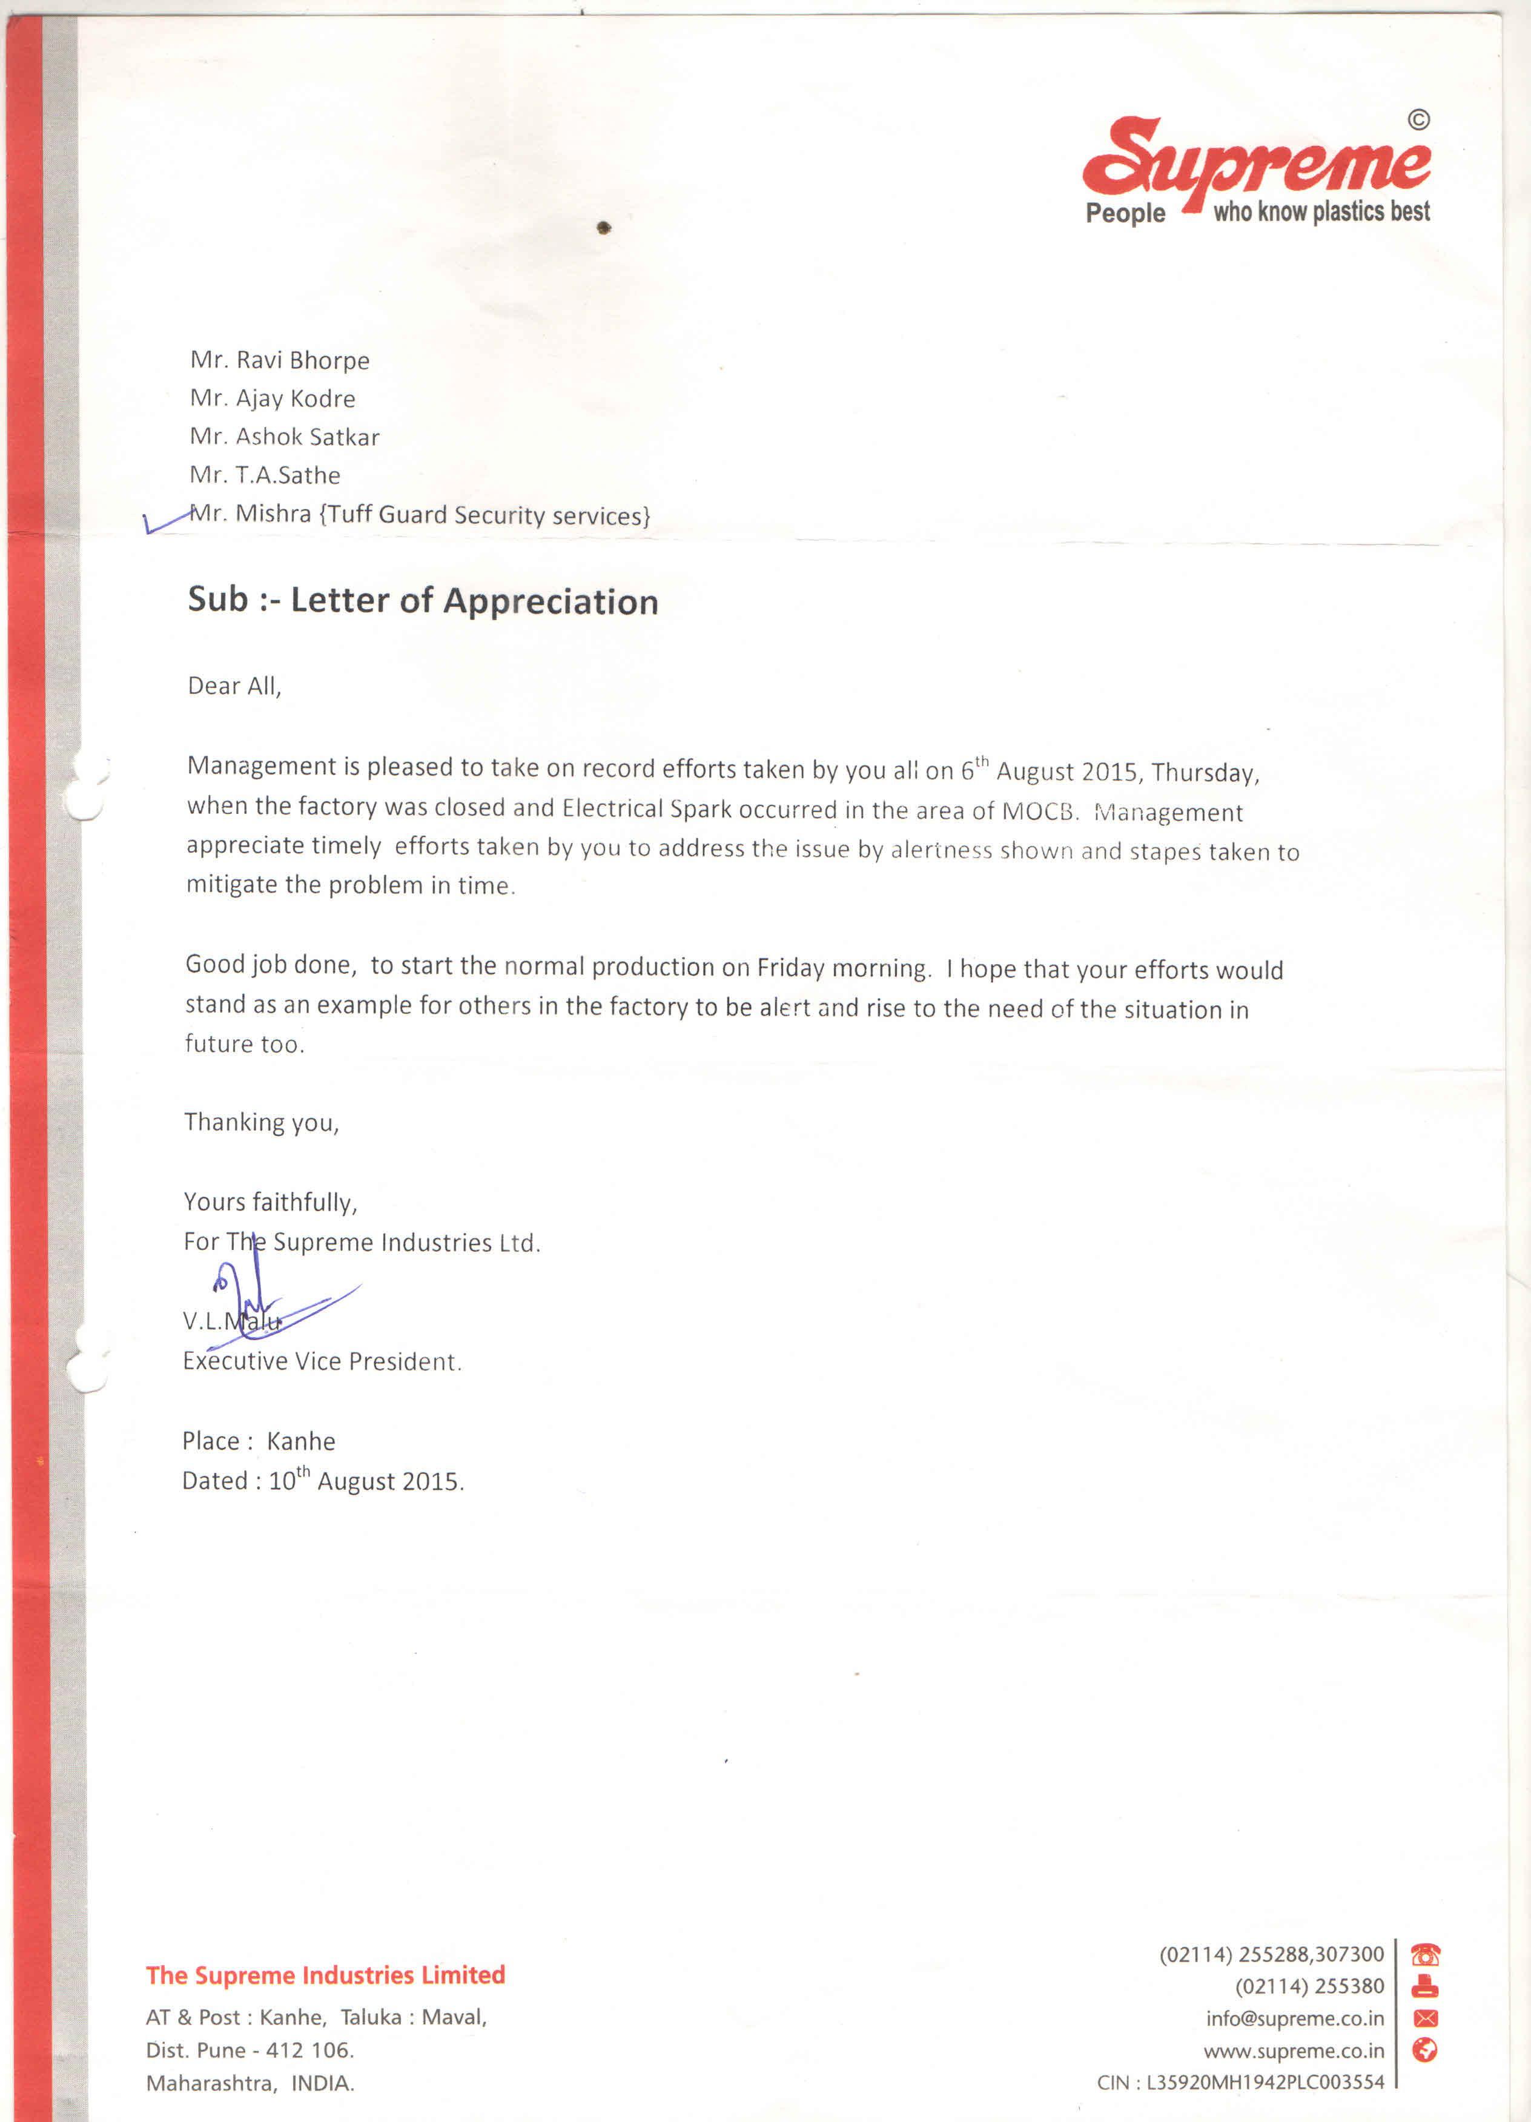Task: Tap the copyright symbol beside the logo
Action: (1419, 120)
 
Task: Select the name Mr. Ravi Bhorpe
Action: (280, 360)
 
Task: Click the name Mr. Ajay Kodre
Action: (273, 398)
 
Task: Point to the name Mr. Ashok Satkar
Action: (285, 437)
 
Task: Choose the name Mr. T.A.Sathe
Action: (265, 475)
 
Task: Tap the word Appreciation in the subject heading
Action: (551, 601)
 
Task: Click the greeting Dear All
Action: (234, 686)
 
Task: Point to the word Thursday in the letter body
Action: (1205, 773)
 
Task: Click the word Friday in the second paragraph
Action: (791, 968)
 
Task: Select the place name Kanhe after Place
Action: (300, 1441)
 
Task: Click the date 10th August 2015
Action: (365, 1481)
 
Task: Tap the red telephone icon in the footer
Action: (1425, 1954)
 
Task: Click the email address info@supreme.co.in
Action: (1294, 2018)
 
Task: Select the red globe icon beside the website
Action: (1425, 2050)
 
